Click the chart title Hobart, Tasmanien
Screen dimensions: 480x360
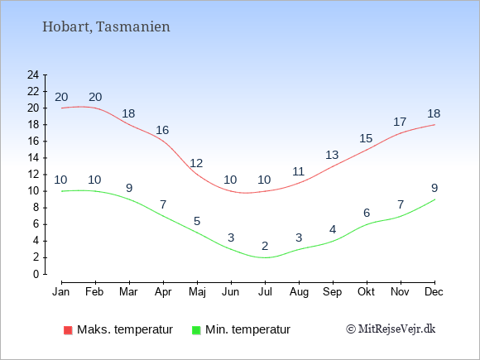106,26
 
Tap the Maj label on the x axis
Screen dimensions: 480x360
197,292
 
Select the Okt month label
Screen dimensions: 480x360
366,292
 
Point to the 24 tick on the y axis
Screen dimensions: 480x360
33,74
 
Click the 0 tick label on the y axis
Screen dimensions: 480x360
36,274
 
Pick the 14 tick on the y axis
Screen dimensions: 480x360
33,158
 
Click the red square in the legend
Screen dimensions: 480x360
68,330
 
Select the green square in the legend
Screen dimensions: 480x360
196,330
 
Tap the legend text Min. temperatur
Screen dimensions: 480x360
247,329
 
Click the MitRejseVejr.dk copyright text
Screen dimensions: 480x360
391,329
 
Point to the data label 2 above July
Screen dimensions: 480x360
265,246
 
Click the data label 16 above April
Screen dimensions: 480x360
162,130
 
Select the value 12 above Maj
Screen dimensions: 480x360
196,163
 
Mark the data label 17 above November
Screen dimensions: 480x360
400,122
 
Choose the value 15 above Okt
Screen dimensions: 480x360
366,138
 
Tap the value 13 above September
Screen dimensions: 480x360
332,155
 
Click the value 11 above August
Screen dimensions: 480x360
298,171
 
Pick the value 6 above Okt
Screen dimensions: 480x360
367,213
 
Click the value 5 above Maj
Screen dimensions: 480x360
197,221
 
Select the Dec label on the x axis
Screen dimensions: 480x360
434,292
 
